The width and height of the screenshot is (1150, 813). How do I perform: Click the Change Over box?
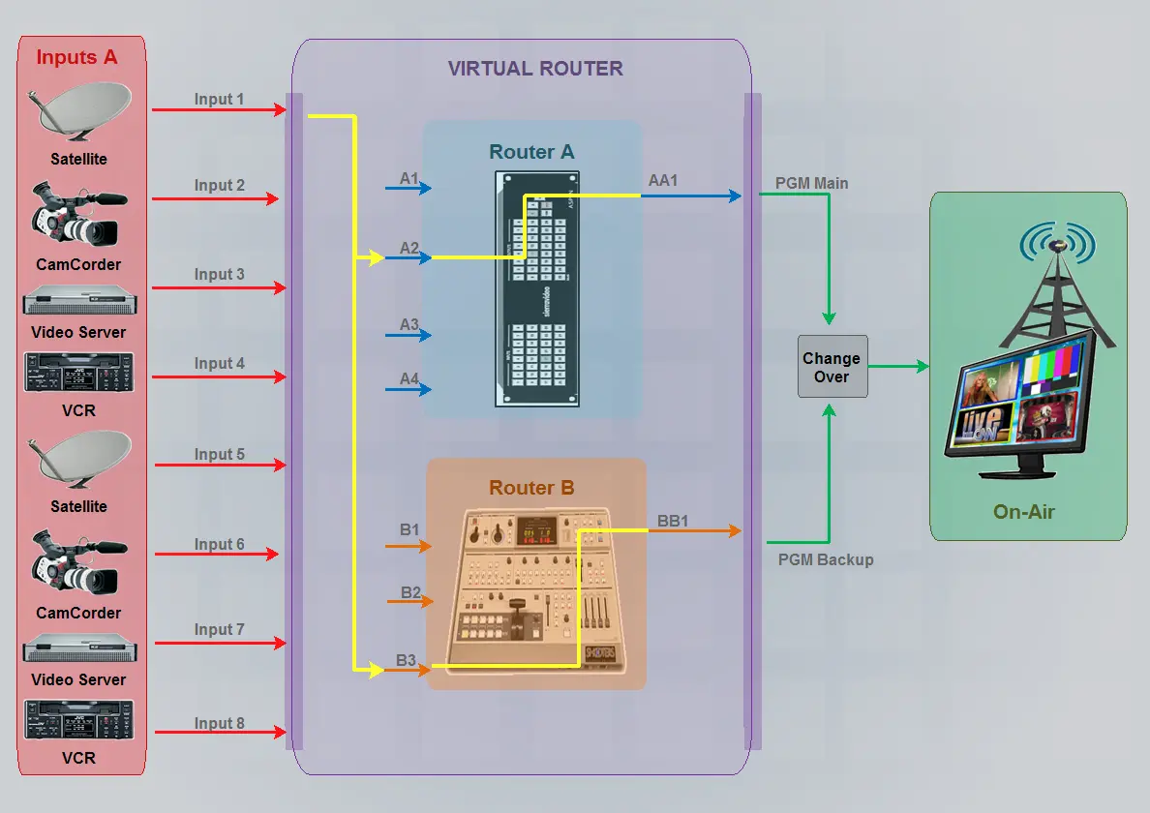coord(832,368)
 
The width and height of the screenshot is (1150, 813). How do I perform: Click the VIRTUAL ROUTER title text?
coord(535,69)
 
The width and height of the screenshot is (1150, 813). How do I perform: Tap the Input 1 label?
coord(219,99)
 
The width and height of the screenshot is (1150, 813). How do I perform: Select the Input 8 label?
coord(219,723)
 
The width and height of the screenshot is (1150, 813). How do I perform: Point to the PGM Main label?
coord(812,183)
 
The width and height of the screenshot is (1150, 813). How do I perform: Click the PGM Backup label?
coord(826,559)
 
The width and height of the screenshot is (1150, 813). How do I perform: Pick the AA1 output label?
coord(663,180)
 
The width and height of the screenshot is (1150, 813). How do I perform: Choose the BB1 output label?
coord(673,521)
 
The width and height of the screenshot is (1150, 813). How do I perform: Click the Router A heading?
coord(531,152)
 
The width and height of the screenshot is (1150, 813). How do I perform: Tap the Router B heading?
coord(531,488)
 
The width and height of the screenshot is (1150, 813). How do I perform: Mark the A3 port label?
coord(409,324)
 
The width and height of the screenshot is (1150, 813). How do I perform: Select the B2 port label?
coord(410,592)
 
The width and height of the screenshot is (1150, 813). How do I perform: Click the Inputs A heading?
coord(76,57)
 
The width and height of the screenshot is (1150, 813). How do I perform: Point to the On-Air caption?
coord(1024,511)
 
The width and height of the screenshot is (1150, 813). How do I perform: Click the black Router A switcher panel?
coord(537,288)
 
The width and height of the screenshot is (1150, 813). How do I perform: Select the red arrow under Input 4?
coord(219,376)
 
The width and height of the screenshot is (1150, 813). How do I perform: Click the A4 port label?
coord(409,378)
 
